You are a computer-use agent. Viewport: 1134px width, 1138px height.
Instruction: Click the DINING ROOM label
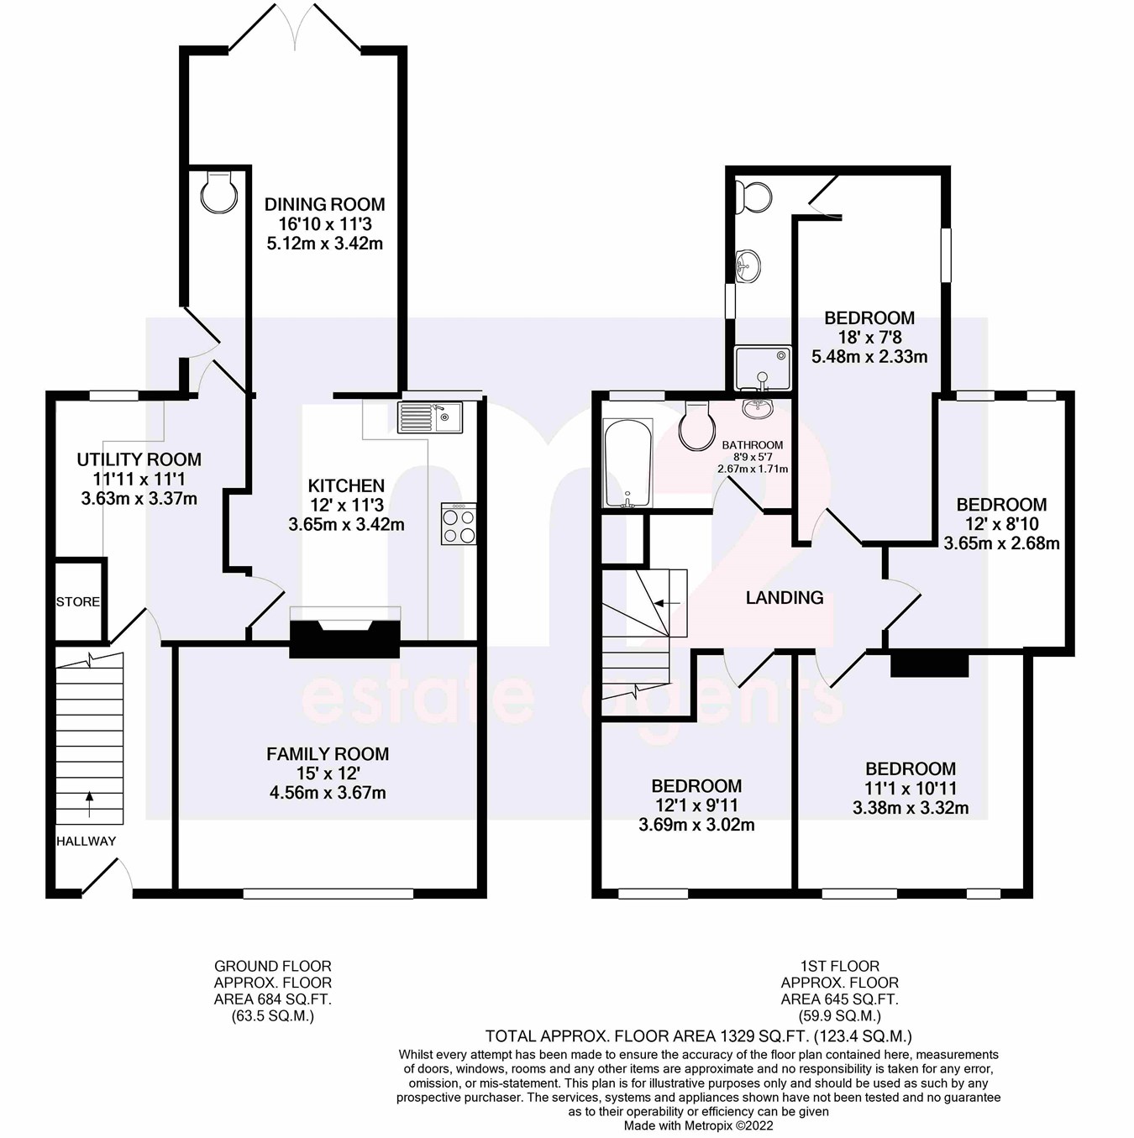(x=324, y=204)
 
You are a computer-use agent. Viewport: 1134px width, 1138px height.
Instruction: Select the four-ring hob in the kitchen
(x=458, y=525)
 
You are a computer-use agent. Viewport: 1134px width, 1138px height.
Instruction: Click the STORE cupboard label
(x=77, y=602)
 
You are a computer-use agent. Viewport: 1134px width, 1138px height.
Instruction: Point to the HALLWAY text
(x=86, y=842)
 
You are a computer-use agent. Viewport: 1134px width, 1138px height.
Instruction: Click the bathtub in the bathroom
(x=627, y=463)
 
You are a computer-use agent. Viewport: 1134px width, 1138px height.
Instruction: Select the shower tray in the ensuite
(x=763, y=369)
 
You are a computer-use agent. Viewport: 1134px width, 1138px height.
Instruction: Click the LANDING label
(x=784, y=598)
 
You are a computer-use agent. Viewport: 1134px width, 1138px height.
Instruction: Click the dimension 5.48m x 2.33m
(x=869, y=357)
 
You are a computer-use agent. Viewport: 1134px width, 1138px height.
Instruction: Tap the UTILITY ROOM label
(x=139, y=459)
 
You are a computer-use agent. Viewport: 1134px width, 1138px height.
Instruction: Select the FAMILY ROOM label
(x=327, y=754)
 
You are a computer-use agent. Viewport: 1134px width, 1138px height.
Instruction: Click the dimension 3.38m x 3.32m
(x=910, y=809)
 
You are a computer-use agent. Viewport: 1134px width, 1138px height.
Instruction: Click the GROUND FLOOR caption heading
(x=272, y=967)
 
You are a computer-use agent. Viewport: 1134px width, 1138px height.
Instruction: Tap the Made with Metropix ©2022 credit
(x=698, y=1126)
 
